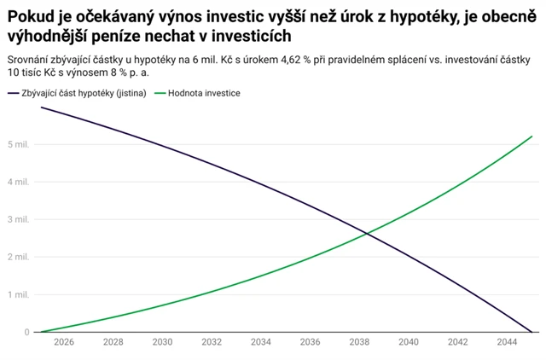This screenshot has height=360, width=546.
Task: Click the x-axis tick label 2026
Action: coord(63,342)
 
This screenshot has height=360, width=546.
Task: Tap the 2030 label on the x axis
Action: coord(162,342)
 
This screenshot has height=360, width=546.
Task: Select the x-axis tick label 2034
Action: coord(261,342)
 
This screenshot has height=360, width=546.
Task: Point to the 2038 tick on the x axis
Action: coord(359,342)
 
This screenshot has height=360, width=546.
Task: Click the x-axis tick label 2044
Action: coord(508,342)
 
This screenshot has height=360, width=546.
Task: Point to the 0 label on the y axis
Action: coord(26,332)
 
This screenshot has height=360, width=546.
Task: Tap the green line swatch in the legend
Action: coord(160,93)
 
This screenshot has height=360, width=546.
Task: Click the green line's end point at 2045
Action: coord(531,136)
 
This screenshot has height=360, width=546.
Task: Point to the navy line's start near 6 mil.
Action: coord(40,107)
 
